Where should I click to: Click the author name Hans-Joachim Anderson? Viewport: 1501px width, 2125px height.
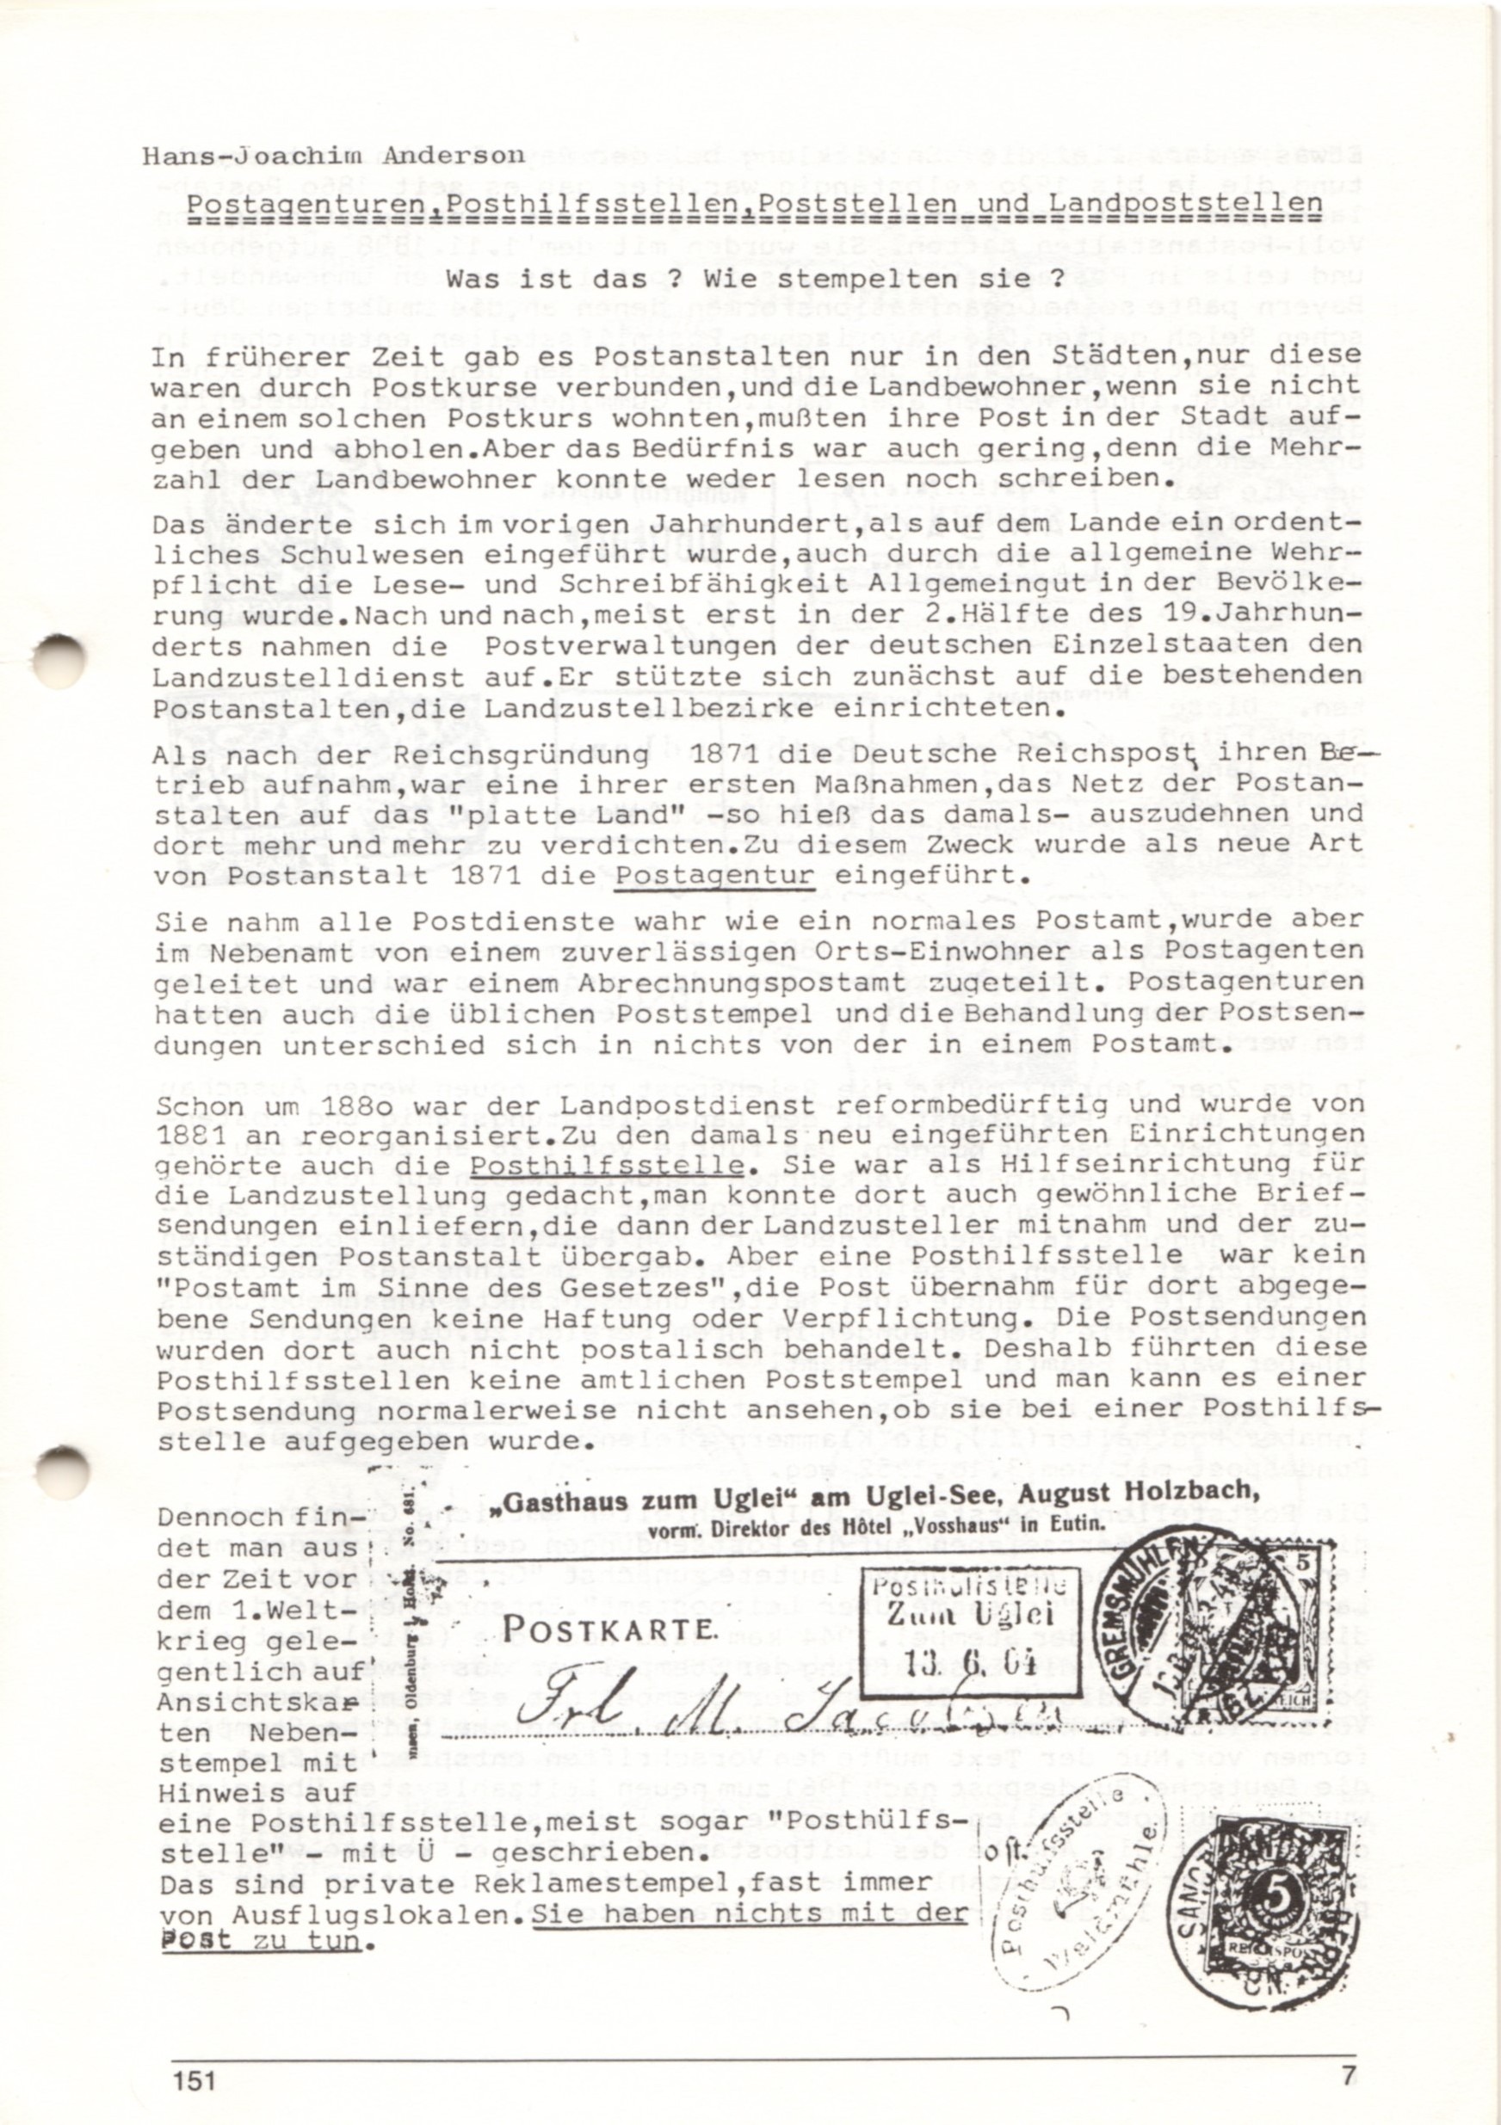coord(333,156)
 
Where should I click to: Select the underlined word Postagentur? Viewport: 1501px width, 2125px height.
coord(715,875)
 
